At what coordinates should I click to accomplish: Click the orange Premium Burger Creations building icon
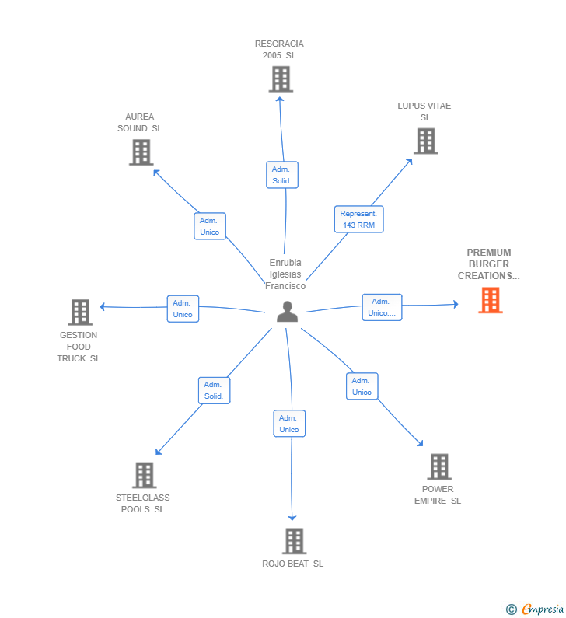(490, 300)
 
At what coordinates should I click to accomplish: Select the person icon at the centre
(288, 311)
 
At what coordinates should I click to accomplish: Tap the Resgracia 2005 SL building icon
(280, 79)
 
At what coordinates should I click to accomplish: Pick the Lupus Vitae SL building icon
(425, 141)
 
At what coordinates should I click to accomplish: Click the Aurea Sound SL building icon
(141, 152)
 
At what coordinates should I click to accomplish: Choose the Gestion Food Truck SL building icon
(80, 312)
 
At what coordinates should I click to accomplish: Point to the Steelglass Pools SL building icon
(144, 475)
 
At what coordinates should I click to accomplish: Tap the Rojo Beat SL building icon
(293, 541)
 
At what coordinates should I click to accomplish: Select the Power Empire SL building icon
(438, 467)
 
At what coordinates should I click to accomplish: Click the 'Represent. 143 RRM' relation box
(359, 219)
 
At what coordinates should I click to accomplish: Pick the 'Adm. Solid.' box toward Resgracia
(281, 175)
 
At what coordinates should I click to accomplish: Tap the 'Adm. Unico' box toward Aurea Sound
(209, 226)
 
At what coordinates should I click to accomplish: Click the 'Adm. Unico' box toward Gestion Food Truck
(183, 309)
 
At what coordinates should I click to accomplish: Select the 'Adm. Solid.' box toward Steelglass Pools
(214, 390)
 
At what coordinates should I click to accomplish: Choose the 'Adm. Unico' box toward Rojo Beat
(289, 424)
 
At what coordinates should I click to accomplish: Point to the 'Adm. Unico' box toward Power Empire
(362, 386)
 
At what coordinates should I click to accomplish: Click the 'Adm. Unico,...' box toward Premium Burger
(382, 307)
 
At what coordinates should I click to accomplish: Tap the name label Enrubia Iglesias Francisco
(285, 274)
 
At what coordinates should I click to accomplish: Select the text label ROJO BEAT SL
(292, 564)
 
